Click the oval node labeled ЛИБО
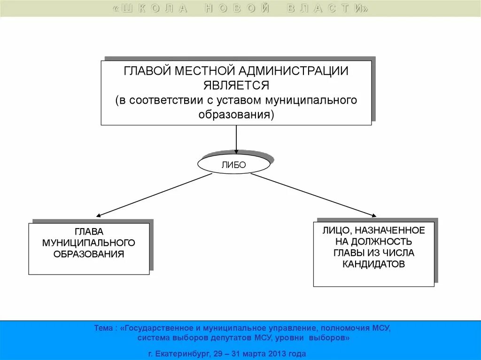click(x=234, y=164)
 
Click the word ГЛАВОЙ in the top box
click(x=147, y=71)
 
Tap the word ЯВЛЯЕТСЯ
click(x=236, y=85)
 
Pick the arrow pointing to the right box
click(x=313, y=195)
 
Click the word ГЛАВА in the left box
click(x=89, y=231)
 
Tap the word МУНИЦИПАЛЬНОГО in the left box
click(x=89, y=243)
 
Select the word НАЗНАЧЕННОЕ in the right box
click(x=390, y=230)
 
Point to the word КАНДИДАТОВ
click(x=373, y=264)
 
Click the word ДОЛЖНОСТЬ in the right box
click(x=382, y=242)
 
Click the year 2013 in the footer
click(x=276, y=353)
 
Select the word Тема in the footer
click(x=103, y=329)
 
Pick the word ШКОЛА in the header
click(x=155, y=9)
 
